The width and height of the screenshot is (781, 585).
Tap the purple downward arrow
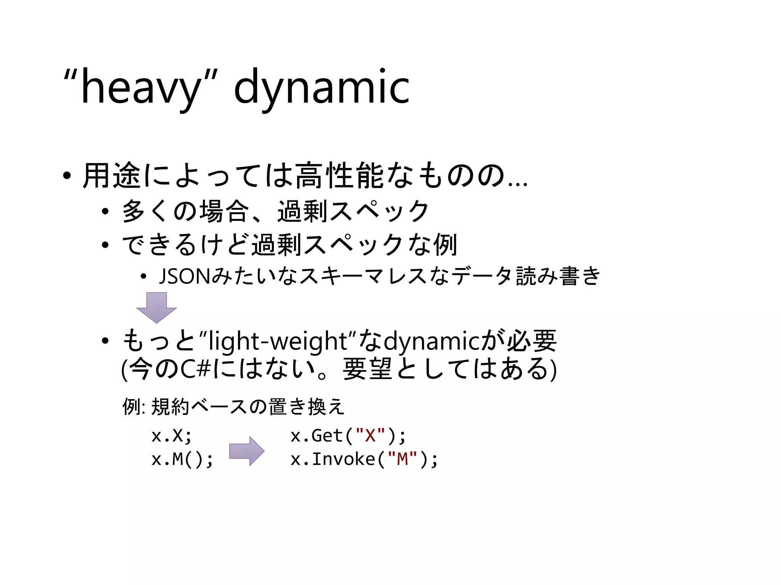pyautogui.click(x=156, y=307)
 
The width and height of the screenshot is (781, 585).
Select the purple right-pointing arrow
pyautogui.click(x=246, y=451)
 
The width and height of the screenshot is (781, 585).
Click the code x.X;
pyautogui.click(x=171, y=436)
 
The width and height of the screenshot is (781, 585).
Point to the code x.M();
pyautogui.click(x=182, y=459)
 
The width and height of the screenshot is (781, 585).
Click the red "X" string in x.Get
pyautogui.click(x=370, y=435)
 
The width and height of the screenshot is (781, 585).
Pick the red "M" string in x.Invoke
pyautogui.click(x=402, y=459)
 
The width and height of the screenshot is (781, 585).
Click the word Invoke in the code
pyautogui.click(x=343, y=459)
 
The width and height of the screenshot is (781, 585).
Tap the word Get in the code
pyautogui.click(x=327, y=436)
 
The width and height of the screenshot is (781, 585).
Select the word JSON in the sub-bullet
pyautogui.click(x=184, y=276)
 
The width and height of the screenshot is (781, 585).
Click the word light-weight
pyautogui.click(x=278, y=341)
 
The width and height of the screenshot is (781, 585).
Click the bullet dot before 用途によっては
pyautogui.click(x=67, y=176)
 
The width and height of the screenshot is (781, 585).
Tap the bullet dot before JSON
pyautogui.click(x=143, y=277)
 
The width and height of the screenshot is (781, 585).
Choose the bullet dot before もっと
pyautogui.click(x=105, y=341)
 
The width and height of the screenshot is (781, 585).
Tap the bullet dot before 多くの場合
pyautogui.click(x=105, y=212)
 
